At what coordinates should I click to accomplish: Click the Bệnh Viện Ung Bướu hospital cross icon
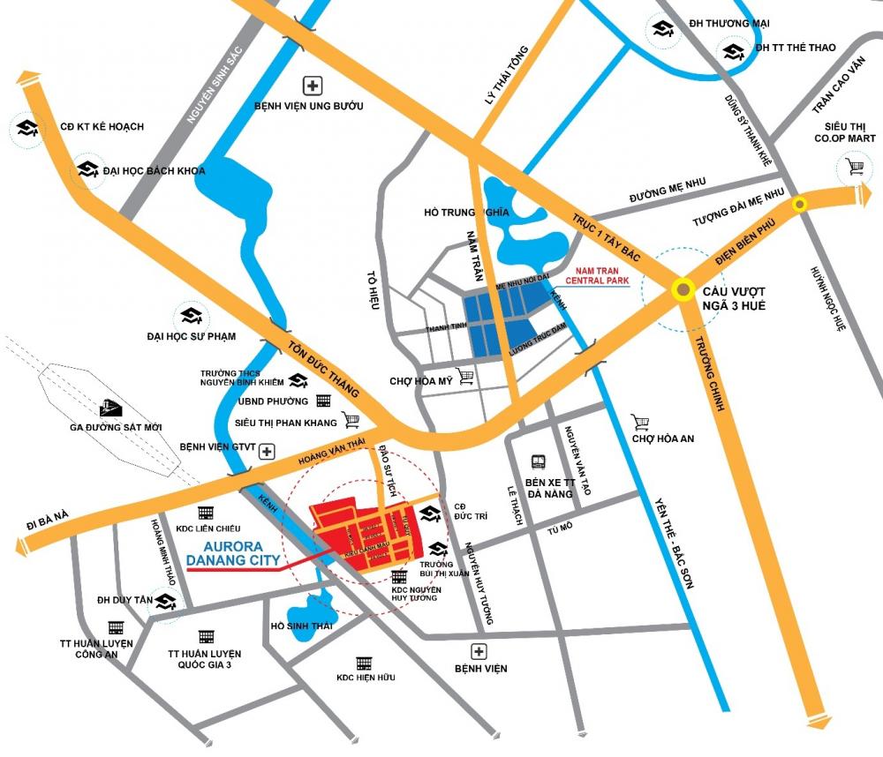click(312, 86)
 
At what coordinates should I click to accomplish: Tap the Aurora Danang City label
click(234, 552)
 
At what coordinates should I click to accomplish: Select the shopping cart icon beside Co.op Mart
click(854, 165)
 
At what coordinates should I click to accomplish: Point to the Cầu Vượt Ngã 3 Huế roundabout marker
click(683, 289)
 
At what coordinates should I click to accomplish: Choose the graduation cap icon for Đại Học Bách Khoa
click(87, 169)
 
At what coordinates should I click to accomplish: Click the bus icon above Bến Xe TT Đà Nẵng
click(539, 461)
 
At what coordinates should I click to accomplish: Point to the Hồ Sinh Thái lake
click(311, 610)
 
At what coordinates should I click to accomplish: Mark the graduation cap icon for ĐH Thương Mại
click(662, 29)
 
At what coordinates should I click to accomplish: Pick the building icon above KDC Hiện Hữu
click(364, 663)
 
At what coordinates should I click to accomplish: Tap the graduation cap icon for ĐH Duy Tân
click(165, 602)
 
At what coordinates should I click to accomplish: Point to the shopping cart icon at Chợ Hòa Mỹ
click(465, 377)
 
